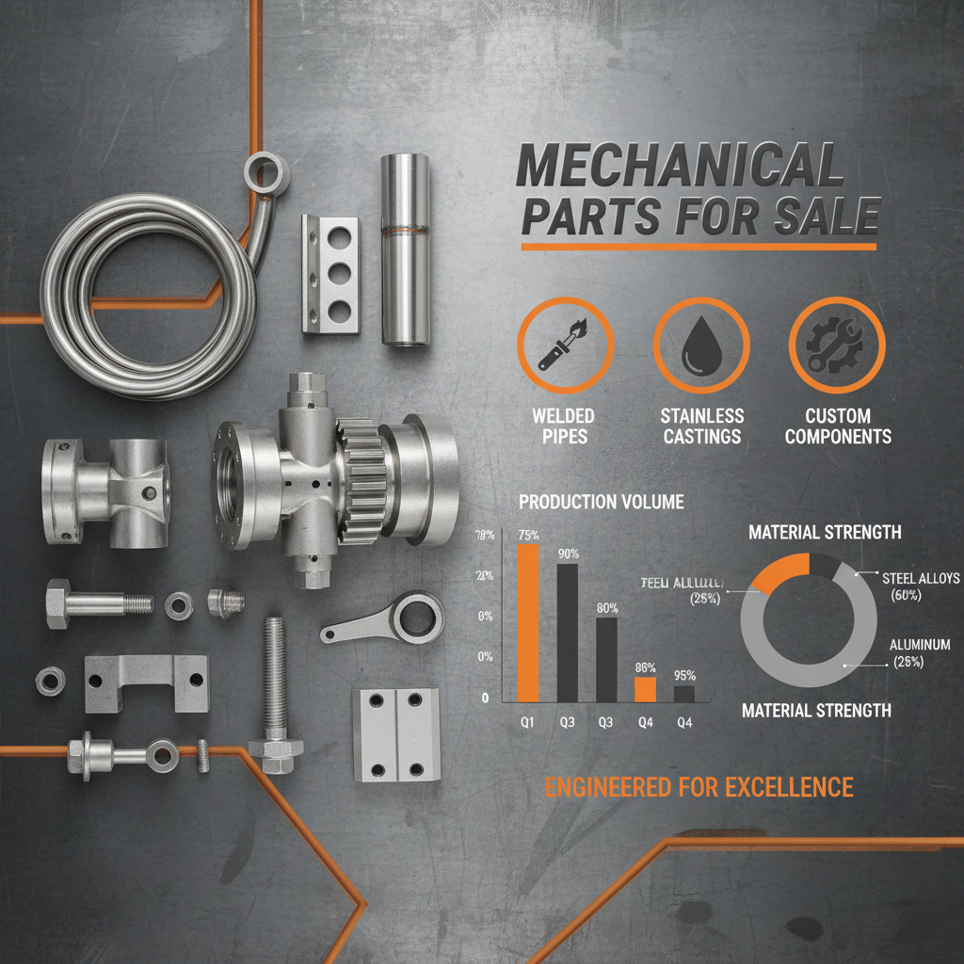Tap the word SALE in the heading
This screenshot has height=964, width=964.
point(826,217)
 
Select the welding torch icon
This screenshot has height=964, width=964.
point(565,345)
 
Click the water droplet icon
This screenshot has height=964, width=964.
point(700,345)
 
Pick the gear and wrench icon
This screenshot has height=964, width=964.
point(836,345)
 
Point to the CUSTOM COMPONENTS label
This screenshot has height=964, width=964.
point(837,426)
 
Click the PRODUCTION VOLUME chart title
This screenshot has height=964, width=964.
point(601,502)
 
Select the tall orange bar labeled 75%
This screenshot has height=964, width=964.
point(528,621)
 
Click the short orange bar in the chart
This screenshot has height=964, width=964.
point(645,689)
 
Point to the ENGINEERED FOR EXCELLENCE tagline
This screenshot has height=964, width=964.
point(699,787)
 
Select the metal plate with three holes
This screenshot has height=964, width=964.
point(329,274)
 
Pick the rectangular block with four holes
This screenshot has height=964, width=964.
point(395,733)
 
